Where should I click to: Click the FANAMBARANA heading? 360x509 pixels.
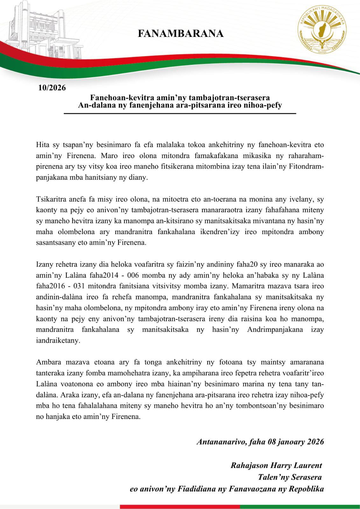(x=180, y=34)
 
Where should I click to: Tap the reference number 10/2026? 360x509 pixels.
(x=52, y=88)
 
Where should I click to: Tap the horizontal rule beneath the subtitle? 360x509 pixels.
(x=180, y=113)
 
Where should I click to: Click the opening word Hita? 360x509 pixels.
(x=42, y=145)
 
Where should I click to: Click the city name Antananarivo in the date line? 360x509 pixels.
(x=222, y=442)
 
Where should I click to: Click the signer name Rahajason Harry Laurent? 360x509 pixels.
(x=276, y=465)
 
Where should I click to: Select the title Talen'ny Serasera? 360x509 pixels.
(x=290, y=477)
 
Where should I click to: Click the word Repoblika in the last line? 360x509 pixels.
(x=306, y=489)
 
